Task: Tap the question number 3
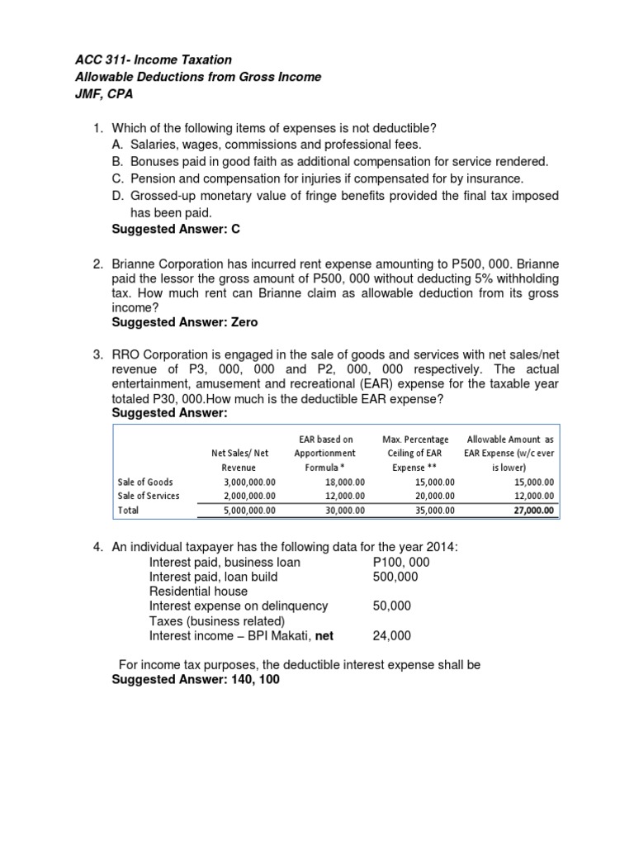coord(97,354)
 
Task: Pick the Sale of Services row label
coord(149,496)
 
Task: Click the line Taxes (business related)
coord(216,621)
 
